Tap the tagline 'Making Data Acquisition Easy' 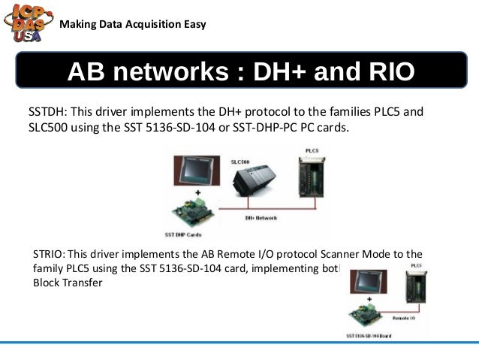(x=132, y=24)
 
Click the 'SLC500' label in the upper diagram (x=239, y=162)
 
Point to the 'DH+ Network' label (x=261, y=218)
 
